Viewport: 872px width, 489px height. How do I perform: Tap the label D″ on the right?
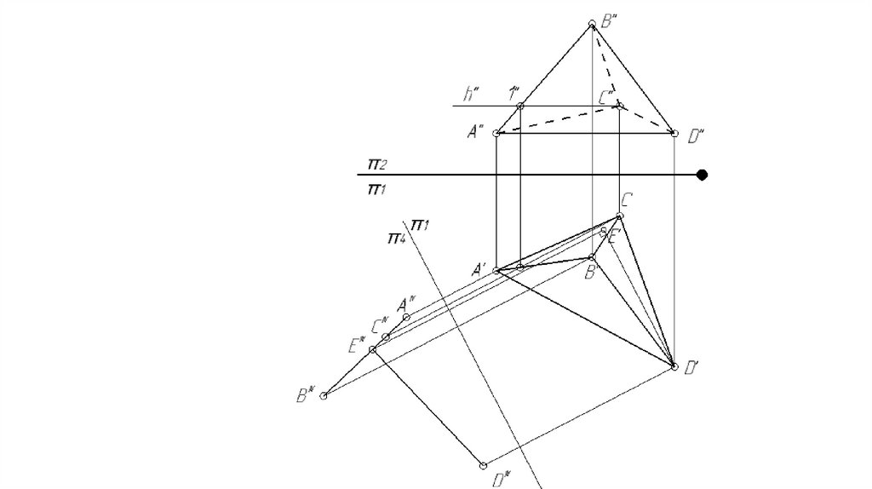(x=695, y=136)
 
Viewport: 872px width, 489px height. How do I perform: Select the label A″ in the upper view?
(x=475, y=131)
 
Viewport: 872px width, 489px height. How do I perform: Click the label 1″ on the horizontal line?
(x=513, y=93)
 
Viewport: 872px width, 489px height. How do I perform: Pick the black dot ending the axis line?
(x=703, y=175)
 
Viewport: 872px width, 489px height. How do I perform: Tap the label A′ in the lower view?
(x=478, y=270)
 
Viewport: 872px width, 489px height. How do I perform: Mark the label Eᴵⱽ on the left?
(x=356, y=345)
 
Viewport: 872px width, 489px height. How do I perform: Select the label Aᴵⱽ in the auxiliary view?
(x=406, y=302)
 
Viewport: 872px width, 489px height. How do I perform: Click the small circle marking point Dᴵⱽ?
(x=483, y=465)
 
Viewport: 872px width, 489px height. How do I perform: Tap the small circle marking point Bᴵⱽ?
(x=324, y=396)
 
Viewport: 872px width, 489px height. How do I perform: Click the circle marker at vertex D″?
(x=674, y=134)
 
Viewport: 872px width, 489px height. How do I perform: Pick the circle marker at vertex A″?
(x=497, y=134)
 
